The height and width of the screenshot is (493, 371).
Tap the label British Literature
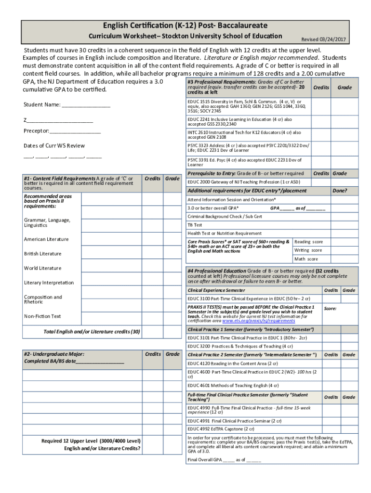pyautogui.click(x=43, y=254)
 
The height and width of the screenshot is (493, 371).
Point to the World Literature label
pyautogui.click(x=43, y=268)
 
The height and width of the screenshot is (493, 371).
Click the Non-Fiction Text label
pyautogui.click(x=42, y=316)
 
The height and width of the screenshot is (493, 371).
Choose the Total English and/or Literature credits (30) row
pyautogui.click(x=92, y=332)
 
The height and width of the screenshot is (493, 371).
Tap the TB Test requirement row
pyautogui.click(x=195, y=225)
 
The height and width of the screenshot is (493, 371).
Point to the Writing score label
pyautogui.click(x=308, y=250)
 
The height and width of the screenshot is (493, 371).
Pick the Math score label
pyautogui.click(x=306, y=259)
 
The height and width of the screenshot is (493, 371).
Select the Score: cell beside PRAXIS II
pyautogui.click(x=331, y=309)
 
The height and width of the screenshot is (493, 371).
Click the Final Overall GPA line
pyautogui.click(x=224, y=460)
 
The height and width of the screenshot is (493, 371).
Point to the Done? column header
pyautogui.click(x=339, y=191)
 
